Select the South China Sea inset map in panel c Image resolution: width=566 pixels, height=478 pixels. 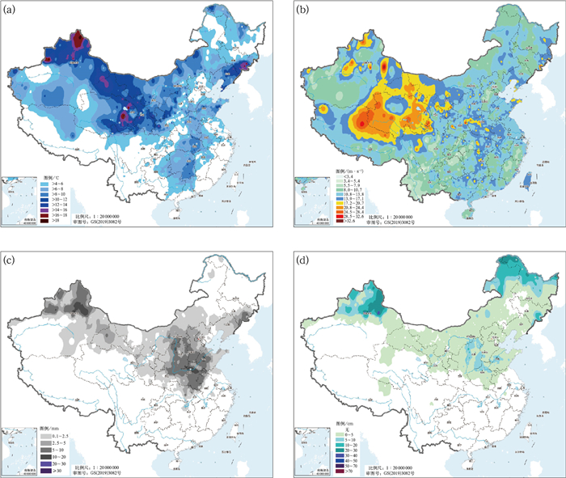point(19,454)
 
